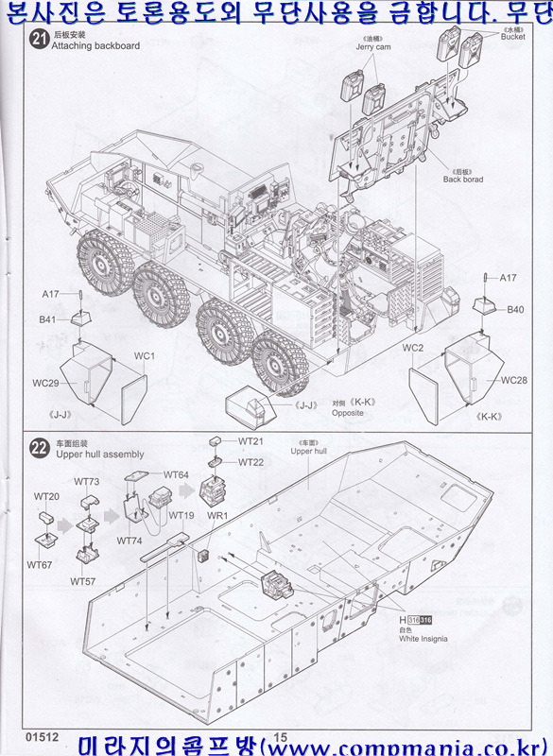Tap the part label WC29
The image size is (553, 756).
tap(46, 383)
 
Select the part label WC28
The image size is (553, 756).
tap(513, 380)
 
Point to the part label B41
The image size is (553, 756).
tap(48, 320)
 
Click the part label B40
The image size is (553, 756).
tap(514, 309)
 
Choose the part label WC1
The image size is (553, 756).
tap(144, 356)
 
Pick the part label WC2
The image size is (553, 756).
tap(412, 349)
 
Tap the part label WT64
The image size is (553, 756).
tap(176, 474)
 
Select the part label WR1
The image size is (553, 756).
tap(217, 516)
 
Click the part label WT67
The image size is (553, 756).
tap(40, 565)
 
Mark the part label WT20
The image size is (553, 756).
tap(46, 496)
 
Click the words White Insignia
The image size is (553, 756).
tap(423, 640)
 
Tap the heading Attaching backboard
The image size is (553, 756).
tap(95, 45)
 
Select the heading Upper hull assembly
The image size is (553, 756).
tap(100, 455)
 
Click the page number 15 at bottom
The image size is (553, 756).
tap(280, 737)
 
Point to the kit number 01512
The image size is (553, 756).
tap(43, 736)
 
